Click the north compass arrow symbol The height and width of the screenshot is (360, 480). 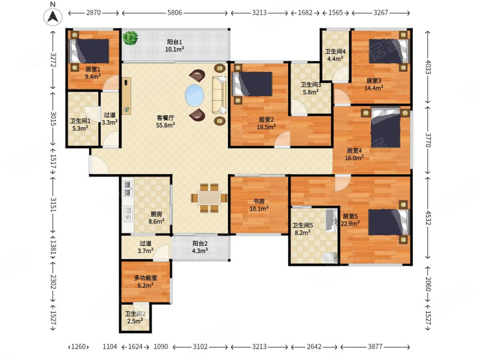[53, 17]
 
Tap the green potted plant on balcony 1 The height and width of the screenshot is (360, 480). [130, 38]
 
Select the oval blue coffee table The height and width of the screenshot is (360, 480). [194, 95]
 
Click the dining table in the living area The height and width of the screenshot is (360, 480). [209, 198]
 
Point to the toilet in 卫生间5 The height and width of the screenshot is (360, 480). [329, 257]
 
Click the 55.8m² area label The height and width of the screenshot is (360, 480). [166, 125]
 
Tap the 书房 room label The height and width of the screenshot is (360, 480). [259, 201]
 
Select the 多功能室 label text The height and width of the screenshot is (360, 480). [146, 278]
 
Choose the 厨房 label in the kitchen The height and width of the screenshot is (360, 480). [156, 214]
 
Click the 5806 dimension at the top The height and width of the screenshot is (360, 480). [175, 13]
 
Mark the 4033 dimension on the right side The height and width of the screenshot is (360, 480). [428, 67]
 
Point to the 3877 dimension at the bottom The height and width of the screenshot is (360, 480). [375, 347]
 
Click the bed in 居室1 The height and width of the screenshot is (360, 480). [90, 51]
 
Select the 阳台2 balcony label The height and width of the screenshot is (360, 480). [200, 244]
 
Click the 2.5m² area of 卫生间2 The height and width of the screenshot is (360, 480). [136, 321]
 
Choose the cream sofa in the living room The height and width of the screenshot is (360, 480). [220, 95]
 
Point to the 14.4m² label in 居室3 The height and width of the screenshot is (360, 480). [374, 88]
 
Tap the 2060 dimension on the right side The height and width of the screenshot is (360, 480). [428, 284]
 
